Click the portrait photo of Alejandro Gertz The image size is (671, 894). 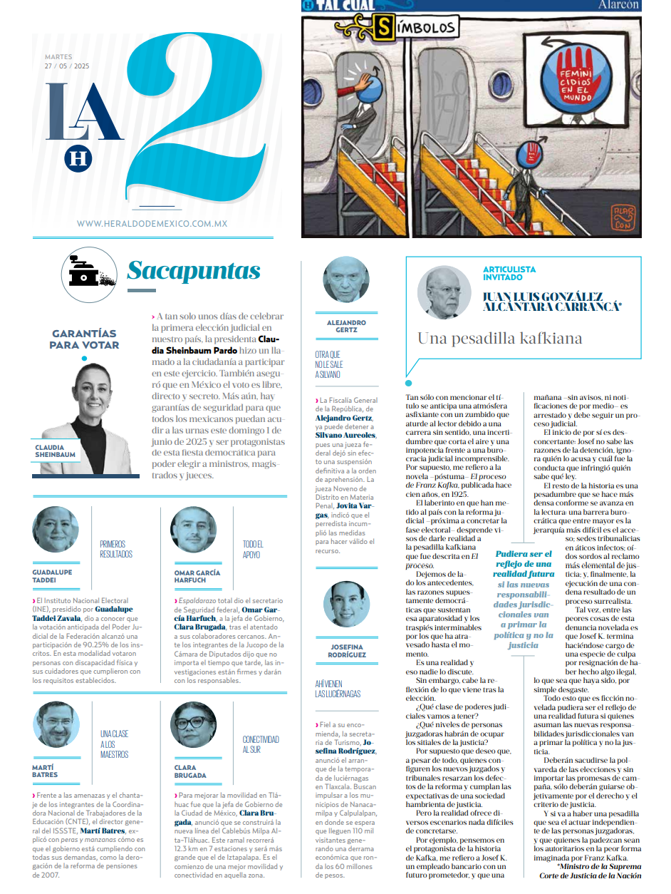346,280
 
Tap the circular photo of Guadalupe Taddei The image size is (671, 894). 56,529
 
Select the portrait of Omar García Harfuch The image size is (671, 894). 193,529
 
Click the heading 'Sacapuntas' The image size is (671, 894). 194,271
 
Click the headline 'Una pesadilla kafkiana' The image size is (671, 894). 499,338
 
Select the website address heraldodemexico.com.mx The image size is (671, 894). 152,224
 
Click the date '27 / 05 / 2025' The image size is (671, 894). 67,66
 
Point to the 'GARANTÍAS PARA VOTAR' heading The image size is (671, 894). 84,339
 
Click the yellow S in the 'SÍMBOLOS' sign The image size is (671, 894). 385,28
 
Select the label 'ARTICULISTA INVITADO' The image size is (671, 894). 509,273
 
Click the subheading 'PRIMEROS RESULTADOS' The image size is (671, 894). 115,548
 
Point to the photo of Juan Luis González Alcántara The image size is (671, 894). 444,292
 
